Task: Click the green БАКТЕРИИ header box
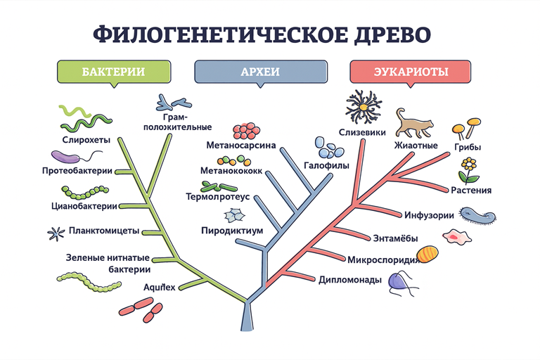tap(113, 72)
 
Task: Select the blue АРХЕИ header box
tap(260, 72)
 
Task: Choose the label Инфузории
tap(429, 215)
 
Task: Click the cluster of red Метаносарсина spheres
tap(245, 131)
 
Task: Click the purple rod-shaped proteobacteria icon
tap(68, 156)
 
